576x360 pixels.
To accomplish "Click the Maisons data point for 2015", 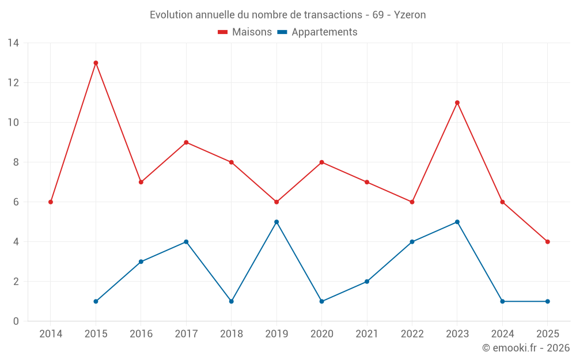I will [x=96, y=63].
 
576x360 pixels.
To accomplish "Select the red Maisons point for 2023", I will [x=457, y=103].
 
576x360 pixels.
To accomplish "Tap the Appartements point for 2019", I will [x=276, y=222].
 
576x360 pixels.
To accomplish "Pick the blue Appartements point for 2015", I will [x=96, y=301].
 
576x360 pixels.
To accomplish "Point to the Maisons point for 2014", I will [x=51, y=202].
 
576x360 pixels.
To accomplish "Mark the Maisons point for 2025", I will [x=547, y=242].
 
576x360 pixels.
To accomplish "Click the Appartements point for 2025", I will [x=547, y=301].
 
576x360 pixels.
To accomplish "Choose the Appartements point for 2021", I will [x=367, y=282].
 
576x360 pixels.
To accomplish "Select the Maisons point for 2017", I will [x=186, y=142].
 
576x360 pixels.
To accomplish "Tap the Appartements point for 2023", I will [x=457, y=222].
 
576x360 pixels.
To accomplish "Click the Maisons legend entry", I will [x=245, y=32].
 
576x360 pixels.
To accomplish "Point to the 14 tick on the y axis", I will [x=13, y=43].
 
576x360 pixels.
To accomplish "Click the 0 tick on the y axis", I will [x=16, y=321].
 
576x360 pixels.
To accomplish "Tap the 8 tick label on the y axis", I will [x=16, y=162].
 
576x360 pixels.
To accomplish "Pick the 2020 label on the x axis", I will [x=321, y=334].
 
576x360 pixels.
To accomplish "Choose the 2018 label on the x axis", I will [x=231, y=334].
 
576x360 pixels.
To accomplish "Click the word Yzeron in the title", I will [x=410, y=15].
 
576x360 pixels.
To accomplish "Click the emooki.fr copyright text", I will [x=526, y=348].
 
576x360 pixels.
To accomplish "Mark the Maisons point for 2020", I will [x=321, y=162].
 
